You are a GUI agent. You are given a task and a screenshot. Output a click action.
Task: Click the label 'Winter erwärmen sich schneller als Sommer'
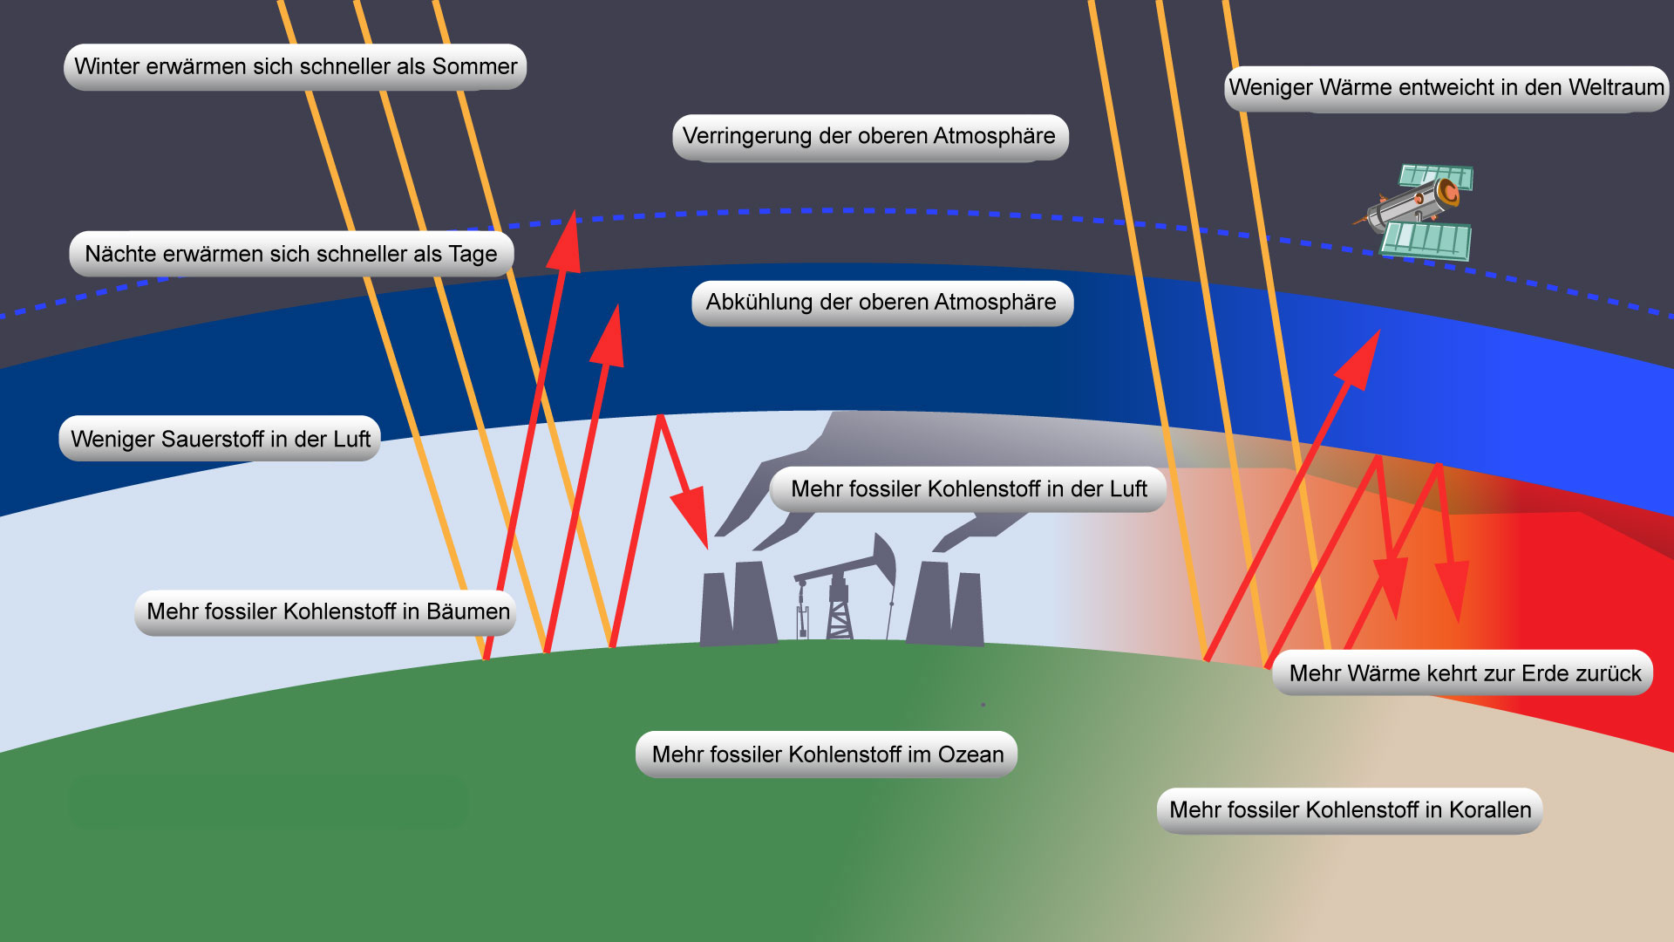coord(295,67)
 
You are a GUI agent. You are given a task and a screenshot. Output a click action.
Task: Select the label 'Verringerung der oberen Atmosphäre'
coord(869,137)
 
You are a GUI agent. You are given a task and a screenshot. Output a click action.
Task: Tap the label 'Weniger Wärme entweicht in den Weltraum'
coord(1446,88)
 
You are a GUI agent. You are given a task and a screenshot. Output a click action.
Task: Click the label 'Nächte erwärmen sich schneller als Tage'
coord(290,254)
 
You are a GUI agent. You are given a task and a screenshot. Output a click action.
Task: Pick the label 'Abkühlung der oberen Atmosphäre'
coord(881,303)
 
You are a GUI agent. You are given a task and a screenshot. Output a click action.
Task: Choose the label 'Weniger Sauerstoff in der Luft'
coord(220,439)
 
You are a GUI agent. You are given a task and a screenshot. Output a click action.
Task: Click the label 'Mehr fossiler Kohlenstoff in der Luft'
coord(968,489)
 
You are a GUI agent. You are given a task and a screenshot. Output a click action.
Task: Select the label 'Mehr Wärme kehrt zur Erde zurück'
coord(1463,673)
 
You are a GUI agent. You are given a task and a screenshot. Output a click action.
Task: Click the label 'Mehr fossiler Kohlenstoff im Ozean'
coord(827,754)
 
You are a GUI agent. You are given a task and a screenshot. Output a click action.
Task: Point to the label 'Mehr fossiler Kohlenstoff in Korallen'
coord(1349,810)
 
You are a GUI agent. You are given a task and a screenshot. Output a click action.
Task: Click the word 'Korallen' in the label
coord(1489,810)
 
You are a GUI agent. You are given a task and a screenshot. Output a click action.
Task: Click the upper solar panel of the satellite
coord(1438,176)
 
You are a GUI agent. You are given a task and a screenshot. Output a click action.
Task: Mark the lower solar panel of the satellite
coord(1426,240)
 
